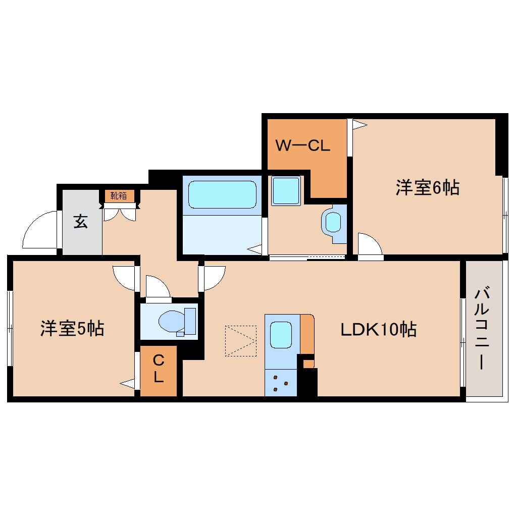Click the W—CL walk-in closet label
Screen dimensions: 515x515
pyautogui.click(x=302, y=146)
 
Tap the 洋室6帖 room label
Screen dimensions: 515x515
pyautogui.click(x=427, y=188)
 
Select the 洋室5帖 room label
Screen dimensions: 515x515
pyautogui.click(x=72, y=329)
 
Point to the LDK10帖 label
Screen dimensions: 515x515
pyautogui.click(x=378, y=330)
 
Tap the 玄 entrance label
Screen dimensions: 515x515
pyautogui.click(x=81, y=221)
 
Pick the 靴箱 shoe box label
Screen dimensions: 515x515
pyautogui.click(x=119, y=195)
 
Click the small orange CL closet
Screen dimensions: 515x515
pyautogui.click(x=158, y=371)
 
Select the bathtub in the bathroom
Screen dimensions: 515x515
pyautogui.click(x=222, y=194)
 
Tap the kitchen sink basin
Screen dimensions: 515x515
pyautogui.click(x=281, y=334)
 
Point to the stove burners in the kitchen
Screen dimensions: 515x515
pyautogui.click(x=280, y=383)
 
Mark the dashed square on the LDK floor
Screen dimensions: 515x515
pyautogui.click(x=241, y=340)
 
